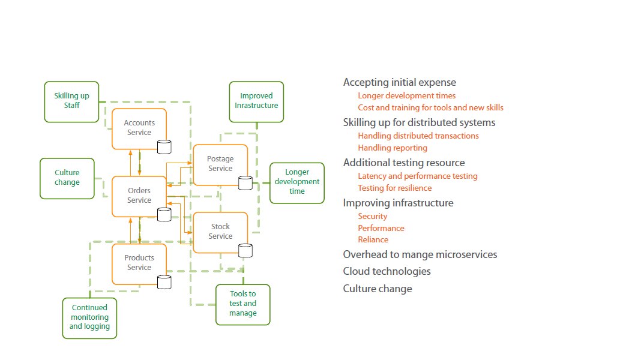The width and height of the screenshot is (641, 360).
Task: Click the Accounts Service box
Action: (x=139, y=128)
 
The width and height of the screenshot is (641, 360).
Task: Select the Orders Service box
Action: (x=139, y=196)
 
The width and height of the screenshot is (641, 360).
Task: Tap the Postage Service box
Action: (x=220, y=164)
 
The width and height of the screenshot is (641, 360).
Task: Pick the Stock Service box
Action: (x=220, y=232)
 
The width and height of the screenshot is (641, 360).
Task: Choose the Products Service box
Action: (x=139, y=263)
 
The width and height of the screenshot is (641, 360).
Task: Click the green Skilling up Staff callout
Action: (x=71, y=101)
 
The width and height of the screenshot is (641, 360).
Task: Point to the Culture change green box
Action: (x=67, y=178)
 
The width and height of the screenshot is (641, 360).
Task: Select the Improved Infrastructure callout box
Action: (x=256, y=101)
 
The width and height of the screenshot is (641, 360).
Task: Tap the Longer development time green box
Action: (x=296, y=182)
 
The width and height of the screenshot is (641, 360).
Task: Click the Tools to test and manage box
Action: (x=242, y=304)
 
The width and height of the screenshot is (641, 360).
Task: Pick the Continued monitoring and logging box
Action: (x=89, y=317)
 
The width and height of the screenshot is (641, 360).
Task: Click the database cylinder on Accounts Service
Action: (x=164, y=146)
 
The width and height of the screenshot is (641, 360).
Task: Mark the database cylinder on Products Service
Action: (x=164, y=282)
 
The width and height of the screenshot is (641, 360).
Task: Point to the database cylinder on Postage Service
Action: (x=245, y=183)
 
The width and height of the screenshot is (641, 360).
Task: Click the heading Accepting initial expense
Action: (x=399, y=83)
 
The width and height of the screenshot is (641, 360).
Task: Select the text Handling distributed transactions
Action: (x=418, y=136)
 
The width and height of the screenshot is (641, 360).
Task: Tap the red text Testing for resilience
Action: (x=394, y=188)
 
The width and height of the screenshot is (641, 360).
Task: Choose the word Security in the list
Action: (x=372, y=216)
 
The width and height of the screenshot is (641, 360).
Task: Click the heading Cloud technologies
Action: (x=387, y=271)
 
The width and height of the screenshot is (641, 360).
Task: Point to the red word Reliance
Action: (x=373, y=239)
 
